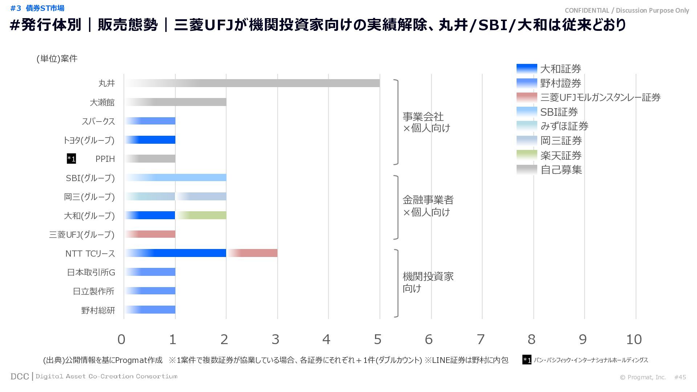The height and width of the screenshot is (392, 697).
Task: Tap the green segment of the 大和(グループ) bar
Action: point(201,215)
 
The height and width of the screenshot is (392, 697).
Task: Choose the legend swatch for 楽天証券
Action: point(526,155)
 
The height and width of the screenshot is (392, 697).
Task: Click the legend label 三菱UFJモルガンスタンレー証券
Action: point(600,97)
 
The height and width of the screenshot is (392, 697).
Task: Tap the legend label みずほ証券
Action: point(564,126)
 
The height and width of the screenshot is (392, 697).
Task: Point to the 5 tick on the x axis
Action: point(378,339)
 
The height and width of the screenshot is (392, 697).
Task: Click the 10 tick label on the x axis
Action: point(634,339)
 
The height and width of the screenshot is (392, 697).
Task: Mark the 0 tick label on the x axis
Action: point(121,339)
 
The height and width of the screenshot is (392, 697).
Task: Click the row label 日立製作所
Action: point(94,291)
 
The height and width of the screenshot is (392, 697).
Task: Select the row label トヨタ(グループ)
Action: point(89,140)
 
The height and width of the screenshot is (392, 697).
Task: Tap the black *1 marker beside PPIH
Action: point(72,159)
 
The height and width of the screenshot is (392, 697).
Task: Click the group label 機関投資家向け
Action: point(428,282)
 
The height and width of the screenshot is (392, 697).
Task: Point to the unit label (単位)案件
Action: point(57,59)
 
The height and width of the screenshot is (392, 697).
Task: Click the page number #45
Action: point(680,377)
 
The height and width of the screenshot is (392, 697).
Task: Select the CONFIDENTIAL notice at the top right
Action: point(627,11)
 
